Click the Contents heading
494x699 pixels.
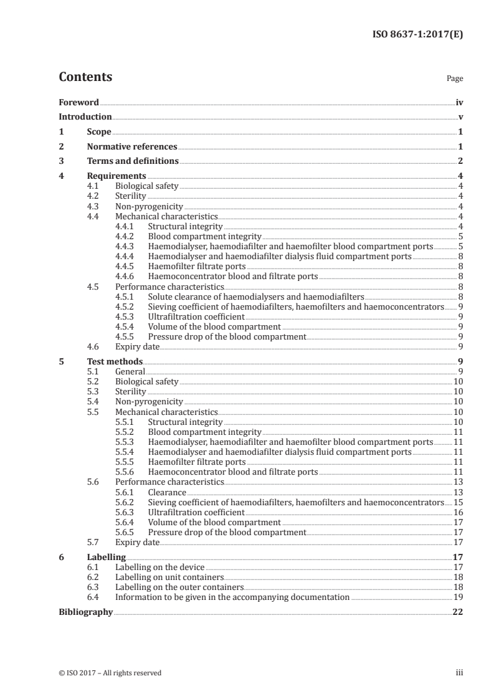(x=85, y=77)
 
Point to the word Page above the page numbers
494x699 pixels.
(x=455, y=79)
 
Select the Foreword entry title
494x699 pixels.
(x=78, y=102)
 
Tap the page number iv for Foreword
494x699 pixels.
(x=459, y=102)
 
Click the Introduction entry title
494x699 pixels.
(x=85, y=117)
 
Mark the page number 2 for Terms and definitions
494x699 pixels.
(x=460, y=161)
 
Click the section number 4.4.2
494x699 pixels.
(x=126, y=237)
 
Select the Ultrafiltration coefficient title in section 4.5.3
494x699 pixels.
(x=196, y=316)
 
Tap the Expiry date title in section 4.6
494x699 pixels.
(x=138, y=346)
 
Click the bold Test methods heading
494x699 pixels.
(x=115, y=361)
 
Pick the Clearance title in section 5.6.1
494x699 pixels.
(x=167, y=492)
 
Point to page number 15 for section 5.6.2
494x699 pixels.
(x=458, y=502)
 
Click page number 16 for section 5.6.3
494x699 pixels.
(x=458, y=512)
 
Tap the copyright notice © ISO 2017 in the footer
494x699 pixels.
(x=110, y=673)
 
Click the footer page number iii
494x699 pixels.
(x=459, y=673)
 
